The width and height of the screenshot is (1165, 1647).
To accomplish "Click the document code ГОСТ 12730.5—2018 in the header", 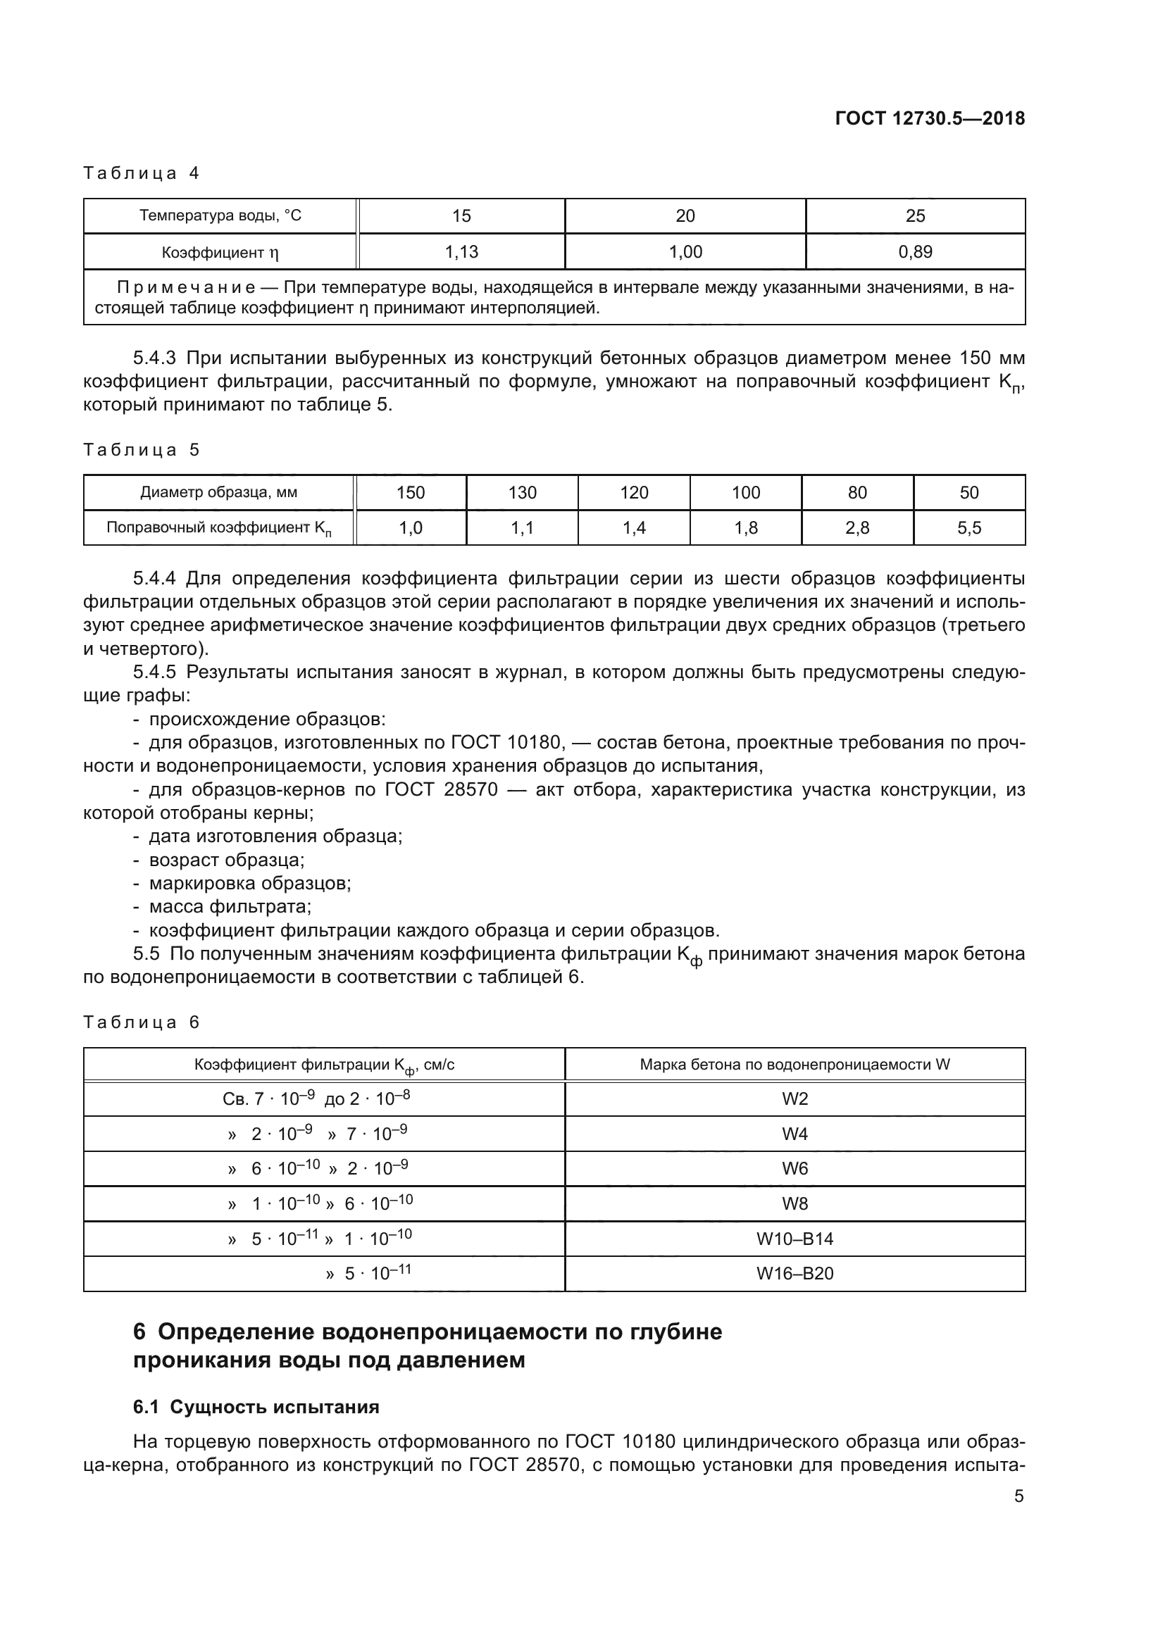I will [930, 119].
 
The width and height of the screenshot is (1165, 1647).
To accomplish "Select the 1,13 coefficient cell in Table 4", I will [461, 252].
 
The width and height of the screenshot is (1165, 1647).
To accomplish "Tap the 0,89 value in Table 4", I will [915, 252].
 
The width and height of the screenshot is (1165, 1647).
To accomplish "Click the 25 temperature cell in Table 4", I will [915, 216].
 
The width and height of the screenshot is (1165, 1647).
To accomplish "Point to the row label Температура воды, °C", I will [220, 216].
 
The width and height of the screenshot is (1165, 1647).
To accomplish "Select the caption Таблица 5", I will [142, 450].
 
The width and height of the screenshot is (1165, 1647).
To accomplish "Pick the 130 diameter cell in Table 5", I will [522, 493].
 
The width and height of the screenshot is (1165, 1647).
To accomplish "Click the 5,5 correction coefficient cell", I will [968, 528].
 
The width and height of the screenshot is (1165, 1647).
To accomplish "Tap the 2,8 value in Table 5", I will [856, 528].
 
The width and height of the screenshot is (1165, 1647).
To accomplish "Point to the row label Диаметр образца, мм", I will [219, 493].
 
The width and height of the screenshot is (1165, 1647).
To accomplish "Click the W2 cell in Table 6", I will [794, 1100].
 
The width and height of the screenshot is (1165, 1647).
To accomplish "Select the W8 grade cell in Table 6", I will [794, 1203].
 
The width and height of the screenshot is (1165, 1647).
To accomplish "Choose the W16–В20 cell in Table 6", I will [794, 1274].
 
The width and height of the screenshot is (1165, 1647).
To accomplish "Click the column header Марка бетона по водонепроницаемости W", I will [794, 1065].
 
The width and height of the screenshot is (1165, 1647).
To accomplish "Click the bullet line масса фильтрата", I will [230, 907].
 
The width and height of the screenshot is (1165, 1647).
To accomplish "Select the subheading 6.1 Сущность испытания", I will [256, 1408].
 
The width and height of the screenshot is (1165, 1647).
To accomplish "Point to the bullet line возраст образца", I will [226, 859].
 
